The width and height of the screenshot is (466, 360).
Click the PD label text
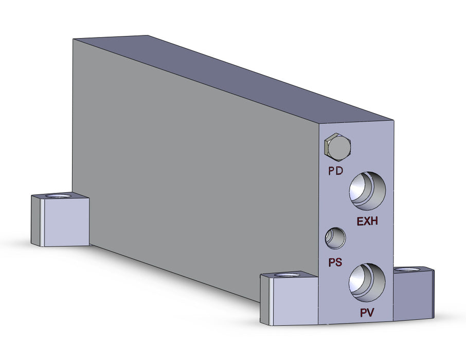tap(336, 171)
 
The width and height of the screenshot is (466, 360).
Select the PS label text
tap(335, 262)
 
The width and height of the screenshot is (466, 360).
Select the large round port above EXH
tap(367, 191)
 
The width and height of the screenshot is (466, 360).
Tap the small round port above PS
tap(335, 238)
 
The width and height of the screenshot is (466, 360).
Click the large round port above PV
tap(367, 282)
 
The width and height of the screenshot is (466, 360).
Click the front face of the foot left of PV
tap(295, 303)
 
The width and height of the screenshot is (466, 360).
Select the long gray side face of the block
tap(195, 170)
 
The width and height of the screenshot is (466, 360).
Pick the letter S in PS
tap(339, 262)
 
